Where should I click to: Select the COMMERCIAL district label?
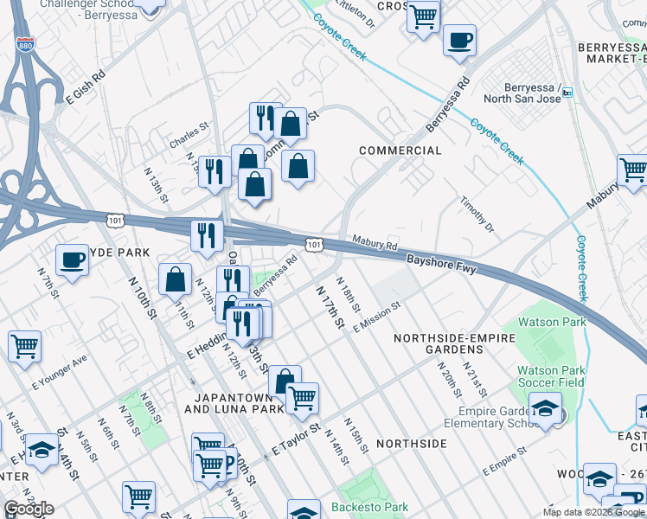click(400, 151)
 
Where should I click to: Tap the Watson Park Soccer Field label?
click(551, 377)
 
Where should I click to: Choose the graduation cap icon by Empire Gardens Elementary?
click(545, 409)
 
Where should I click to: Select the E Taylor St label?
click(296, 439)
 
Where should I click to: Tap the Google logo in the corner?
click(29, 509)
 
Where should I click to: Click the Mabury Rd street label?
click(374, 242)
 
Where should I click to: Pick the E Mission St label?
click(377, 317)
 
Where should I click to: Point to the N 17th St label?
click(330, 307)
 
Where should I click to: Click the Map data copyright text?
click(593, 512)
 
